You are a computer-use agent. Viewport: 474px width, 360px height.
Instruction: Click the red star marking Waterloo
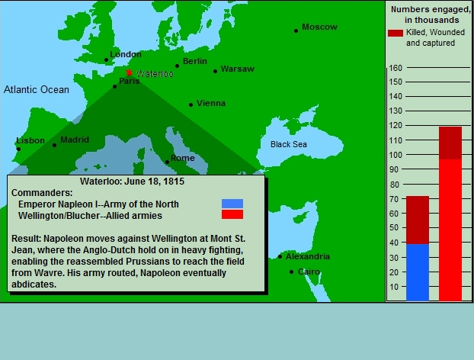click(129, 72)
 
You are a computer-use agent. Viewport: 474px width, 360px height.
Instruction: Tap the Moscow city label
click(319, 27)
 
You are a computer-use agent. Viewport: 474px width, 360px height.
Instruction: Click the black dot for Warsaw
click(215, 72)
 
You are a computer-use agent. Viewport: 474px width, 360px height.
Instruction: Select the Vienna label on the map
click(211, 103)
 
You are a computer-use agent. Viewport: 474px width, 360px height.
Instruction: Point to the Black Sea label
click(289, 144)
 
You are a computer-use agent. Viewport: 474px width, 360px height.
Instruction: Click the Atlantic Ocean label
click(37, 89)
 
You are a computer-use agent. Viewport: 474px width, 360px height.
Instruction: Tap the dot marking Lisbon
click(19, 149)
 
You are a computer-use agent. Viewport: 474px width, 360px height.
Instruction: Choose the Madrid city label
click(75, 140)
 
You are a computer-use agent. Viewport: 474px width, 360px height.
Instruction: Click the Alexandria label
click(308, 256)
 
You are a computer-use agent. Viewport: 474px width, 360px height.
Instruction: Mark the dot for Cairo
click(291, 272)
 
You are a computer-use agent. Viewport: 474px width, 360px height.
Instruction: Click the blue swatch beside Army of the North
click(232, 204)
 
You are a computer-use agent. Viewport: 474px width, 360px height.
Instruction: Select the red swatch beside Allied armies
click(232, 214)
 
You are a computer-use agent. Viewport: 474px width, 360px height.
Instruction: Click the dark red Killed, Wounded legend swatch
click(396, 33)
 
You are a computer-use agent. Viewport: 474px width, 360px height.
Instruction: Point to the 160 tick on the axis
click(396, 68)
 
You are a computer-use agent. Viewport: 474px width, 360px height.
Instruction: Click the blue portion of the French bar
click(418, 272)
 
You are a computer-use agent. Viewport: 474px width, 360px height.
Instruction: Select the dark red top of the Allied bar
click(450, 143)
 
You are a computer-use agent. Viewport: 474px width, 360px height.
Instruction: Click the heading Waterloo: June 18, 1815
click(132, 182)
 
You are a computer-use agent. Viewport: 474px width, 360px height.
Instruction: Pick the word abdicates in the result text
click(33, 284)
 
